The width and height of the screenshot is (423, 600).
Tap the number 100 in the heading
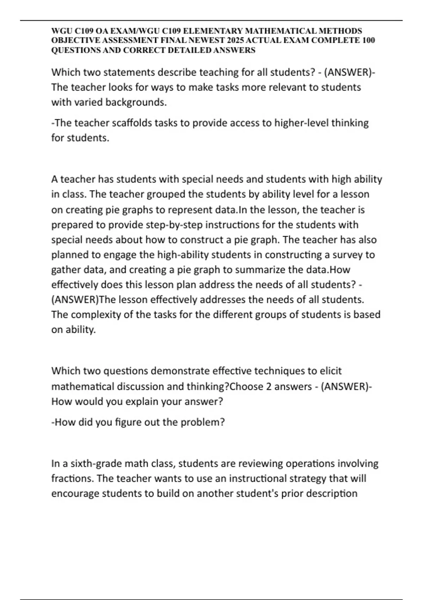coord(368,40)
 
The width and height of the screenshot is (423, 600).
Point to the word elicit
coord(331,371)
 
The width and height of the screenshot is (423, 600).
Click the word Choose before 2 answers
coord(246,386)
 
